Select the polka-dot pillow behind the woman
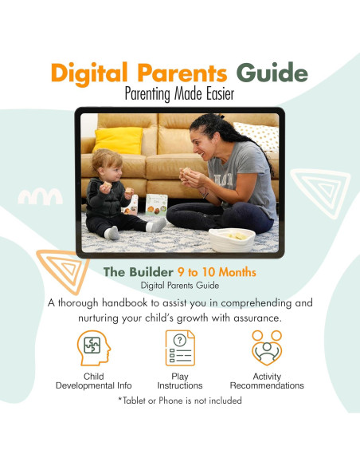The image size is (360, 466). (260, 136)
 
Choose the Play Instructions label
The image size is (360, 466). (179, 381)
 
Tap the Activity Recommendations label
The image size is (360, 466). (267, 381)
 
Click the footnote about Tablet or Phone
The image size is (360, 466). (179, 400)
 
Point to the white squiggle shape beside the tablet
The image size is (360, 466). (40, 195)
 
